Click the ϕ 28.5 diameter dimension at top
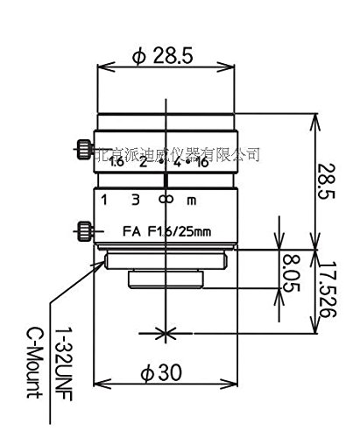(163, 57)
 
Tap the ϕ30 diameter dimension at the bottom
(163, 373)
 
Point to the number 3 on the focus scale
(136, 199)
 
